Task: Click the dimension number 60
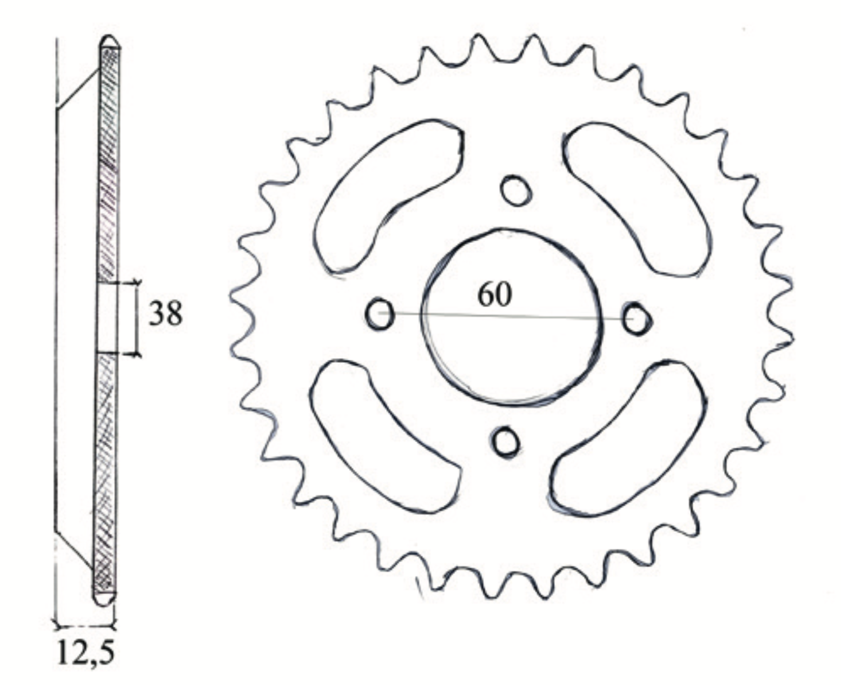(495, 295)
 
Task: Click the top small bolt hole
(516, 191)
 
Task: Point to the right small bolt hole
(636, 319)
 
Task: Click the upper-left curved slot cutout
(388, 195)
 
